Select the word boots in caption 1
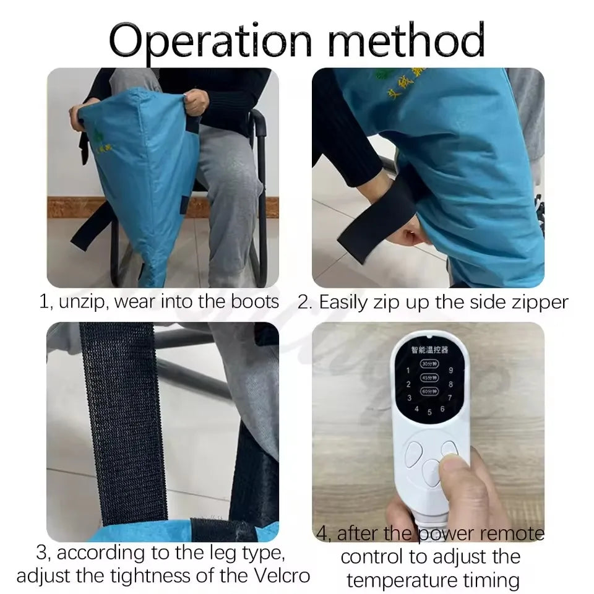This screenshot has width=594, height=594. click(x=254, y=302)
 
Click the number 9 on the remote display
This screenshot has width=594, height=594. click(x=451, y=371)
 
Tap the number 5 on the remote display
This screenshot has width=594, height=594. click(x=429, y=412)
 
